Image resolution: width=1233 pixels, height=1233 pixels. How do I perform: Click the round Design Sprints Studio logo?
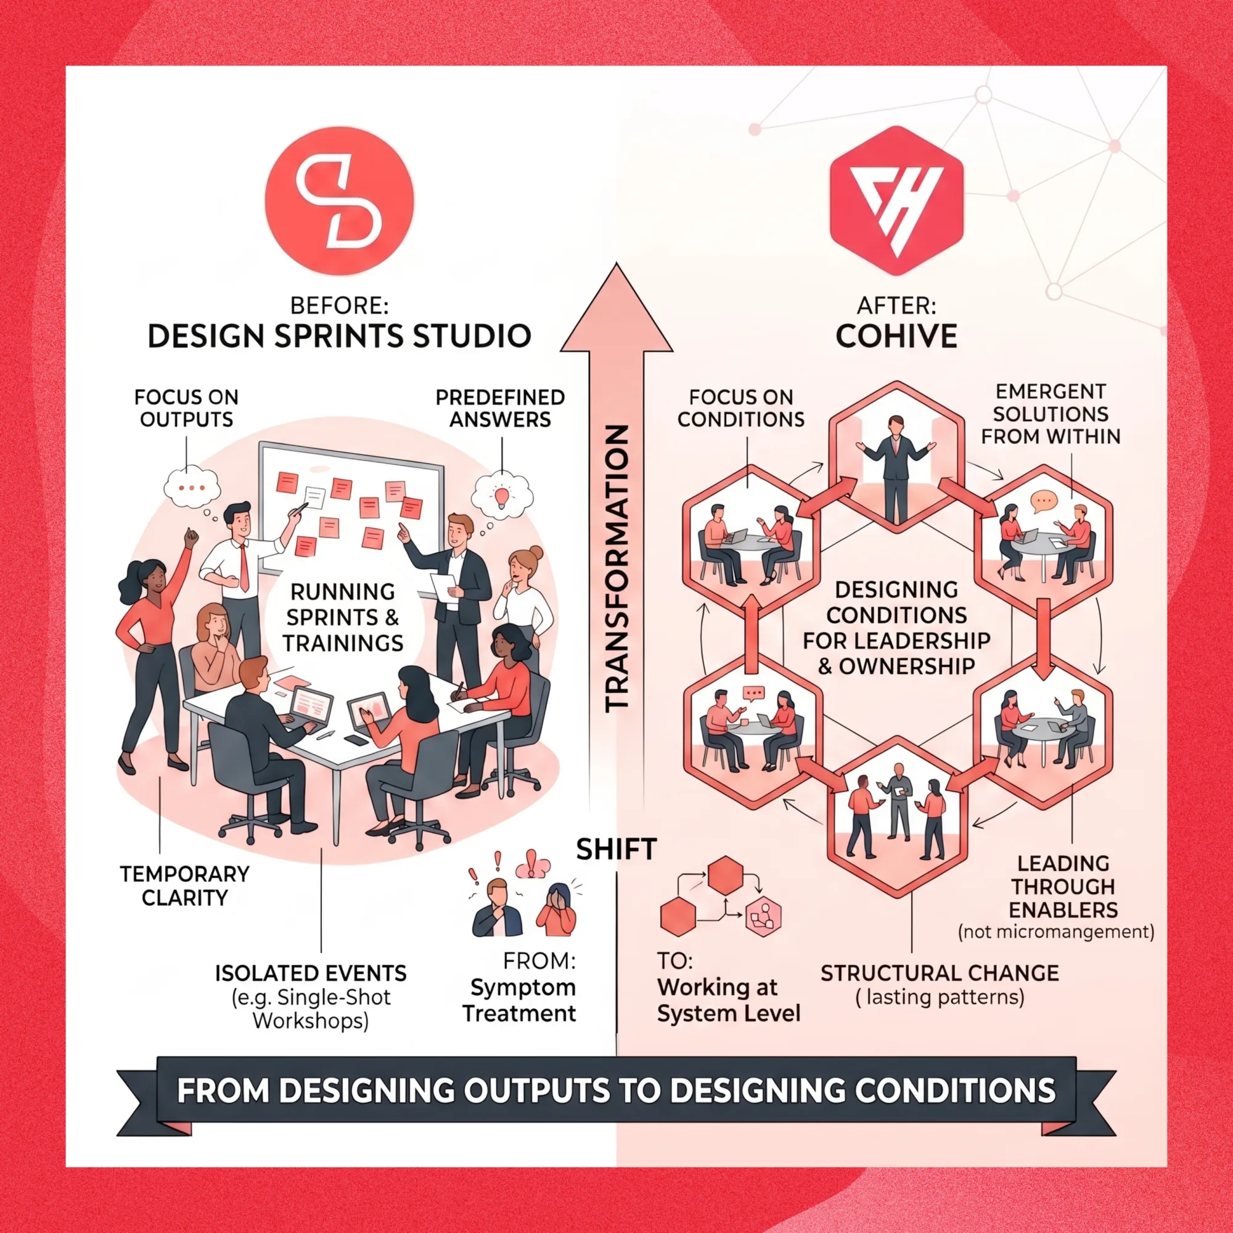[x=339, y=200]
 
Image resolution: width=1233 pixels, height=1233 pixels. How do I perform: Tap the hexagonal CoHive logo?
[x=896, y=200]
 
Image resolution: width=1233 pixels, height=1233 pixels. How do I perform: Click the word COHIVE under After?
[x=896, y=337]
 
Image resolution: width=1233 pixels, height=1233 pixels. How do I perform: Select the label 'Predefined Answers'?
[x=500, y=409]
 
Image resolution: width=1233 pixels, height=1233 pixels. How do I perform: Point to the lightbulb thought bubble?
[x=502, y=494]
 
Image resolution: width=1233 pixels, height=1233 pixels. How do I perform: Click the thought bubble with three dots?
[x=192, y=488]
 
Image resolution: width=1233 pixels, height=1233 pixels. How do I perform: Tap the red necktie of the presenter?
[x=244, y=567]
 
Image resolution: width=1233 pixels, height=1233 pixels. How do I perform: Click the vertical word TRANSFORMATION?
[x=616, y=568]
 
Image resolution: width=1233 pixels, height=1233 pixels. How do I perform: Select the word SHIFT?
[x=616, y=850]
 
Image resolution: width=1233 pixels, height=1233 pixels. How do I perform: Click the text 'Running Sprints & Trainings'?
[x=343, y=617]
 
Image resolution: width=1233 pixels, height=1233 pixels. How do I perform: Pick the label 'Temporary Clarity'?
[x=184, y=886]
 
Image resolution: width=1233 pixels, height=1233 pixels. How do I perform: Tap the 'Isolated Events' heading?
[x=311, y=973]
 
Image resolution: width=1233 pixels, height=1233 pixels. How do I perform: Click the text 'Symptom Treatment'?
[x=520, y=1000]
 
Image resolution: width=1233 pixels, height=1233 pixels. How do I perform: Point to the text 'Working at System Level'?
[x=728, y=1000]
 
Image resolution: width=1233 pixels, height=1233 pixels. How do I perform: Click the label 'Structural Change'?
[x=940, y=973]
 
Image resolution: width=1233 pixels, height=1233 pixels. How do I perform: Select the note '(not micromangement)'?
[x=1056, y=932]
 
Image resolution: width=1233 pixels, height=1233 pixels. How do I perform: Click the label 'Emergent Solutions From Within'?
[x=1051, y=414]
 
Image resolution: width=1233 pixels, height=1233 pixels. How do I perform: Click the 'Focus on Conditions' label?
[x=740, y=409]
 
